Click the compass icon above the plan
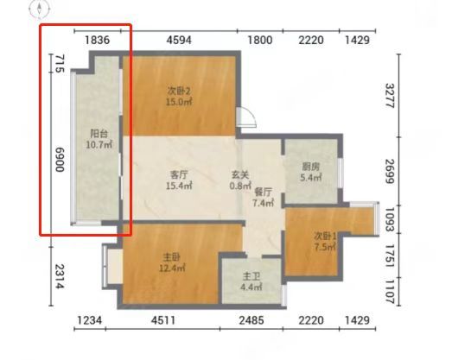pyautogui.click(x=40, y=9)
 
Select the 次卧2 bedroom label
pyautogui.click(x=179, y=91)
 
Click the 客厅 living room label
pyautogui.click(x=179, y=174)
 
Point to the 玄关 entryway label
pyautogui.click(x=240, y=174)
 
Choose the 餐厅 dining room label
pyautogui.click(x=263, y=192)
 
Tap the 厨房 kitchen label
pyautogui.click(x=311, y=167)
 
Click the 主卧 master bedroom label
pyautogui.click(x=172, y=256)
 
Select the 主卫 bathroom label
pyautogui.click(x=251, y=276)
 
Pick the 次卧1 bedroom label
pyautogui.click(x=325, y=237)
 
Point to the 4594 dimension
pyautogui.click(x=179, y=40)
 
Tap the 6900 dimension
pyautogui.click(x=60, y=160)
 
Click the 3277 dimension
pyautogui.click(x=390, y=96)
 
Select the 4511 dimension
pyautogui.click(x=163, y=320)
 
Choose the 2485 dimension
pyautogui.click(x=251, y=320)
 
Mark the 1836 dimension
pyautogui.click(x=98, y=40)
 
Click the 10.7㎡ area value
pyautogui.click(x=99, y=144)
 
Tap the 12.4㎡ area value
pyautogui.click(x=172, y=268)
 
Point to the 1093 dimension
pyautogui.click(x=390, y=219)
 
